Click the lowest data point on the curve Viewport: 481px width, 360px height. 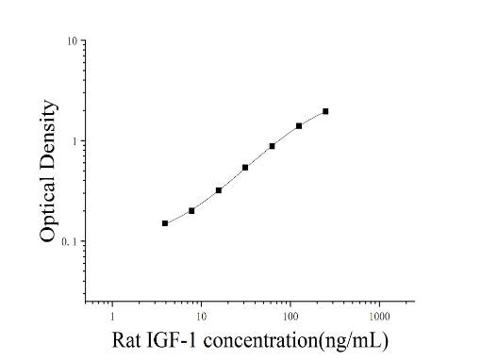[165, 223]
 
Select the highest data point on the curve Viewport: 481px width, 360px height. [325, 111]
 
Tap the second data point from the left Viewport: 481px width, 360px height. [191, 211]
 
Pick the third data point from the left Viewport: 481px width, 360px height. [219, 190]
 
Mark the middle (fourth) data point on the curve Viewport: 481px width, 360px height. [245, 168]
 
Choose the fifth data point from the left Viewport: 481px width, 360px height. [272, 146]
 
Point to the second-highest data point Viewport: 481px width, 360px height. [299, 126]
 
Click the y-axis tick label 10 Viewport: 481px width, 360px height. [72, 41]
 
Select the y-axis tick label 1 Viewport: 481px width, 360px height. [75, 141]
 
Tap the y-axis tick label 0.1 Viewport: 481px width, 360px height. [69, 241]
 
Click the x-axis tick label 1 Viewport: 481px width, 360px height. [112, 317]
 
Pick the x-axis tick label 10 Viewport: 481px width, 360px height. [201, 317]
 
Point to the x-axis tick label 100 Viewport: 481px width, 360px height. [290, 317]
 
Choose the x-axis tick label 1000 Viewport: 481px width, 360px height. [379, 317]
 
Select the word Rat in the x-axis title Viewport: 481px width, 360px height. [126, 340]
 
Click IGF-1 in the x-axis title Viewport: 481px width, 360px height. [172, 340]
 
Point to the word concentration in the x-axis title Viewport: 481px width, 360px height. [260, 340]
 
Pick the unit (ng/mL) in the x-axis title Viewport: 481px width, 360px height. [354, 341]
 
